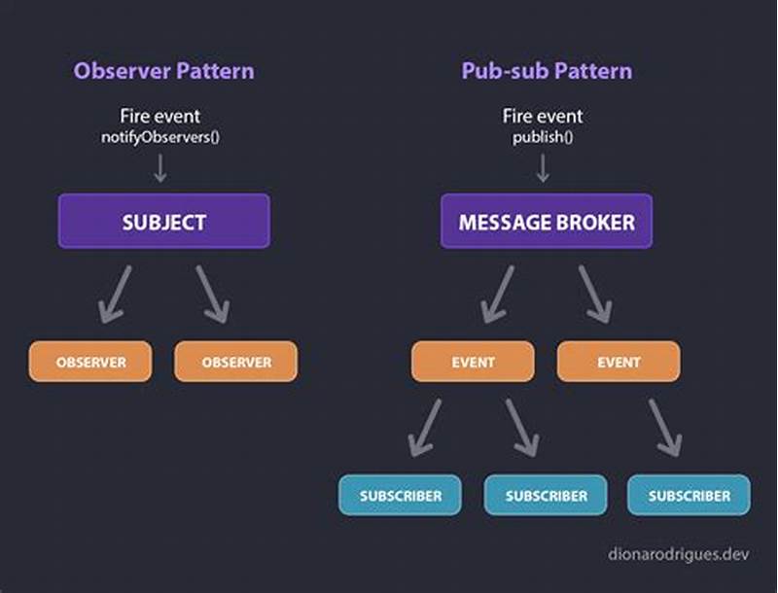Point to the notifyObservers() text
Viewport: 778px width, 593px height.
point(160,136)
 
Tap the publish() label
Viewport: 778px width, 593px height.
point(543,136)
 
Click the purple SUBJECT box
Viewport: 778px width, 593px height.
point(163,222)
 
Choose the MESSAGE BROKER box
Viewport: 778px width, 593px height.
point(546,222)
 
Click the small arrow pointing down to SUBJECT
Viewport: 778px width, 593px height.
point(160,168)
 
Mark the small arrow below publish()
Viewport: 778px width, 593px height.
point(543,168)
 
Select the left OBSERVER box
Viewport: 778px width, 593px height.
point(90,362)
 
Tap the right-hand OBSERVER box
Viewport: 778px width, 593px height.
point(236,362)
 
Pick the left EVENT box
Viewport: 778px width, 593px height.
point(473,362)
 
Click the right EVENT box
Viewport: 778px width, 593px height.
point(619,362)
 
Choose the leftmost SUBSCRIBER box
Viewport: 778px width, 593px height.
point(401,495)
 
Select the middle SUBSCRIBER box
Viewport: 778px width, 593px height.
point(546,495)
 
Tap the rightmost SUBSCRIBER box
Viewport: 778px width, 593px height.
point(689,495)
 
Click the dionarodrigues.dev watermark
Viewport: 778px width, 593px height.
point(678,554)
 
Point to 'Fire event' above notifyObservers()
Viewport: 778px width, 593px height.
point(160,117)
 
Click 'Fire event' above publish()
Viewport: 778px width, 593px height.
point(543,117)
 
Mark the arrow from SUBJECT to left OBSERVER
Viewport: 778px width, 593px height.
point(116,294)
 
